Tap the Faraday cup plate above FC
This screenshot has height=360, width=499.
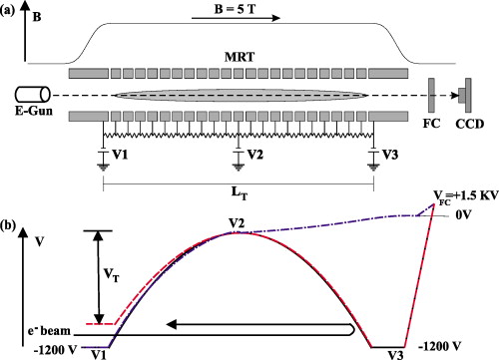[430, 95]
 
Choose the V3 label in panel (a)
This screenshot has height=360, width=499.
[388, 155]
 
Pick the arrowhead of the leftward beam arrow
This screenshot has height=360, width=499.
[172, 325]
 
